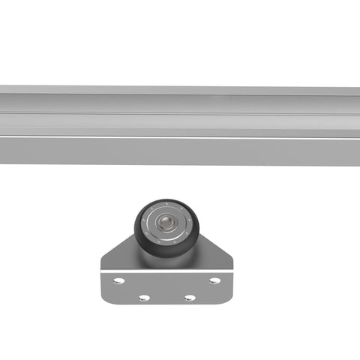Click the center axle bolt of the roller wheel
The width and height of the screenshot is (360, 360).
click(166, 223)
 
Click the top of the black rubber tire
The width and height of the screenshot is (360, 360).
click(166, 202)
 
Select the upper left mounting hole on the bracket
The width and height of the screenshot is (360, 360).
click(118, 280)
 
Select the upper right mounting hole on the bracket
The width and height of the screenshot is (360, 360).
click(214, 280)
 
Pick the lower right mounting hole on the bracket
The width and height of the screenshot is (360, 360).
click(190, 298)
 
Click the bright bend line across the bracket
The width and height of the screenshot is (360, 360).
click(166, 270)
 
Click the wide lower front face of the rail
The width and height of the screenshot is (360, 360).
click(180, 151)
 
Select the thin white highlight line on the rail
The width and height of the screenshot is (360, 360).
click(180, 138)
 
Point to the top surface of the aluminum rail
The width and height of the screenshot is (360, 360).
click(180, 90)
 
